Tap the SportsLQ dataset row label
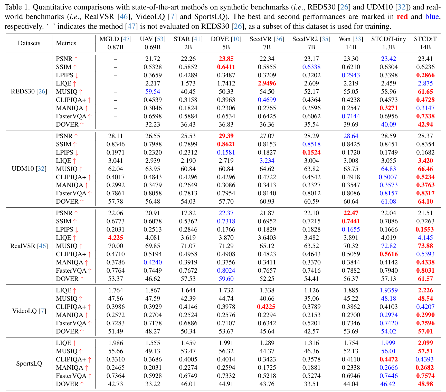[x=29, y=364]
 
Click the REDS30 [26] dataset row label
[x=29, y=92]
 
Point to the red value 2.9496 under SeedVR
[x=267, y=83]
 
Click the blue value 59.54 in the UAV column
[x=153, y=92]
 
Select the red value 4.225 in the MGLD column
[x=116, y=238]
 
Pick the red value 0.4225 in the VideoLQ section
[x=267, y=307]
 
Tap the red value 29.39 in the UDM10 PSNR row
[x=226, y=136]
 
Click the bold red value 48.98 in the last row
[x=425, y=384]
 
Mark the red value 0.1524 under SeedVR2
[x=311, y=152]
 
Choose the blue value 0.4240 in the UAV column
[x=153, y=262]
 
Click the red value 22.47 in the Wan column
[x=351, y=213]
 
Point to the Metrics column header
[x=66, y=43]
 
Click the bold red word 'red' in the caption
[x=402, y=17]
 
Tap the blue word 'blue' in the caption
[x=432, y=17]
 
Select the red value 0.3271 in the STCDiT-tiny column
[x=388, y=108]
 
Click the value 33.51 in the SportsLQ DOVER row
[x=311, y=384]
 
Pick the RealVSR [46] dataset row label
[x=29, y=246]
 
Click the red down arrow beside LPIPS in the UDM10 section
[x=77, y=153]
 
